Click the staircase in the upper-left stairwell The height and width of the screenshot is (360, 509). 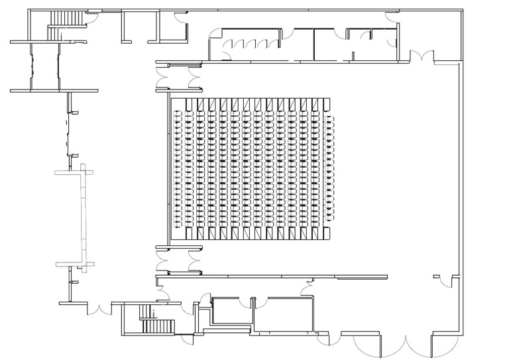(64, 18)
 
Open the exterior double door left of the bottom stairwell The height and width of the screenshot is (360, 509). (100, 308)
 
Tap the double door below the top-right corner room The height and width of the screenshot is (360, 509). (422, 56)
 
